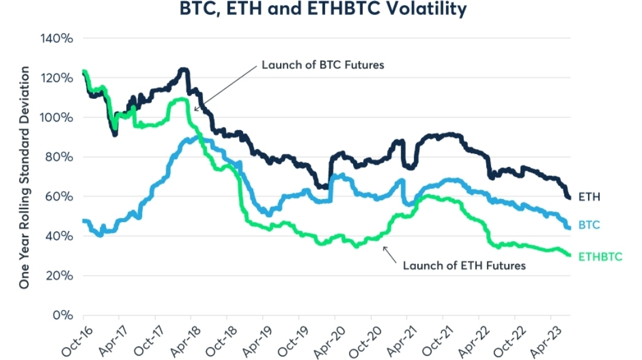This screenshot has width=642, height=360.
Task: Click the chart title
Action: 320,10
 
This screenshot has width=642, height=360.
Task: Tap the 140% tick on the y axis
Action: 56,39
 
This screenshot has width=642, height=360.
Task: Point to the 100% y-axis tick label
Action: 56,118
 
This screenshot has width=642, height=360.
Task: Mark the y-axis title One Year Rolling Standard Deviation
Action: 24,178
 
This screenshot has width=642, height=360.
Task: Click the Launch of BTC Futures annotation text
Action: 323,65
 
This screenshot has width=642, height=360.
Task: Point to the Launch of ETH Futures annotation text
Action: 464,266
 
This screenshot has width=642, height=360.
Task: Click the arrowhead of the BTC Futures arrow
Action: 196,110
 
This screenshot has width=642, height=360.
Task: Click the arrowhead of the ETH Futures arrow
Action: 384,248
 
